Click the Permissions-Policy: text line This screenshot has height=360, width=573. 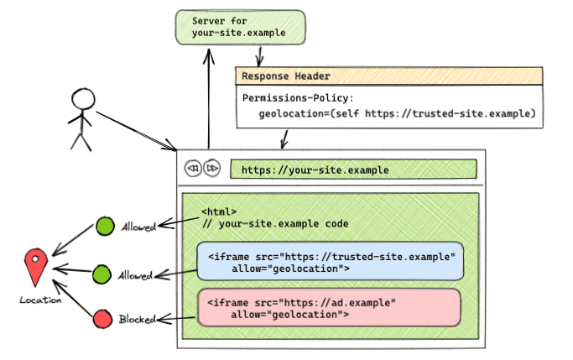pos(299,98)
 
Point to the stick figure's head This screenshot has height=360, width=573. pos(84,102)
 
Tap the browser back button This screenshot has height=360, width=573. pos(192,169)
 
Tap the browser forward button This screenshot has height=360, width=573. pos(212,169)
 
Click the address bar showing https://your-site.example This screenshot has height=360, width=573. pos(353,170)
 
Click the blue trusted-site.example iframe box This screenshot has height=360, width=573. pos(329,261)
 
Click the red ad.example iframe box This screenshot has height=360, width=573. pos(329,307)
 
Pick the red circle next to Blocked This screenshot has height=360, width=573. pos(102,320)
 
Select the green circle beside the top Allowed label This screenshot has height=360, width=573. pos(106,227)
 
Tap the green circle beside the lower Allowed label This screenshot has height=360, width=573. pos(102,274)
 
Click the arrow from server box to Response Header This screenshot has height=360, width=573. pos(261,55)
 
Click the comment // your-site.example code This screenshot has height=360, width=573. pos(274,224)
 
